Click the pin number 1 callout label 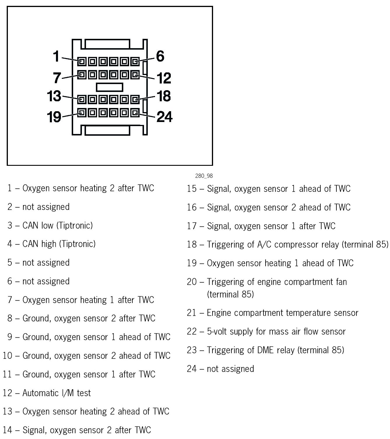[x=56, y=56]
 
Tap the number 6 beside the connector [x=160, y=56]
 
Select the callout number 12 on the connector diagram [x=164, y=78]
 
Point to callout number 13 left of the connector [x=54, y=96]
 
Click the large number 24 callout [x=165, y=117]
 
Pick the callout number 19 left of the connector [x=54, y=117]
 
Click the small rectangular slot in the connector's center [x=110, y=87]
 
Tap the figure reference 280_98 [x=204, y=176]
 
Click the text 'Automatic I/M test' [x=57, y=393]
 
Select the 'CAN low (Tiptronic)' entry [x=57, y=225]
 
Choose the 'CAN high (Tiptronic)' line [x=59, y=244]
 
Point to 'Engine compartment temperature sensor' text [x=282, y=313]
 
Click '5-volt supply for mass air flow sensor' [x=276, y=332]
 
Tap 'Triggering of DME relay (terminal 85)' [x=275, y=350]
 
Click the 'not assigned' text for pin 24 [x=230, y=369]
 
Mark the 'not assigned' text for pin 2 [x=46, y=207]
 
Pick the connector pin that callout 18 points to [x=135, y=100]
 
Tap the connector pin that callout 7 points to [x=82, y=75]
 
